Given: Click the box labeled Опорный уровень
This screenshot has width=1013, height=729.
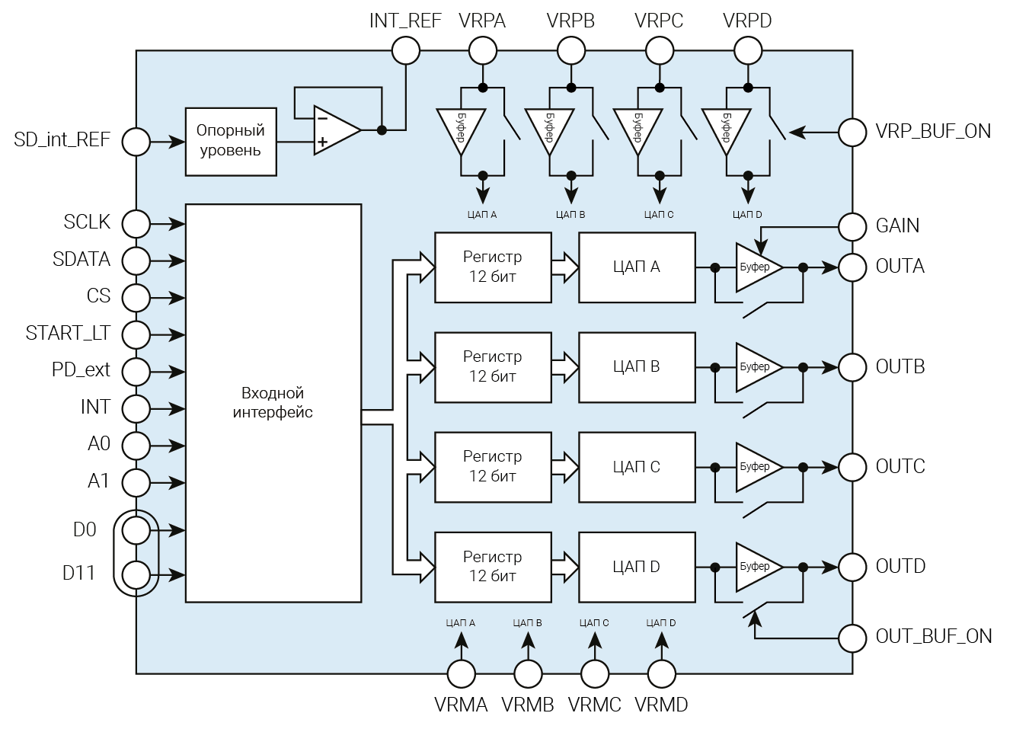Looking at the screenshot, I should click(231, 142).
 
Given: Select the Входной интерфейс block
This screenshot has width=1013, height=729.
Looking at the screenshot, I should click(273, 403).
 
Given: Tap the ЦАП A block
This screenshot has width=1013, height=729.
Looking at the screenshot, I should click(637, 267).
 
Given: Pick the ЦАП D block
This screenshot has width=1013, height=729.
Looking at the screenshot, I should click(637, 567).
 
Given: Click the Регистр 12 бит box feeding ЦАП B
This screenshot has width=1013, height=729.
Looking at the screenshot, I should click(493, 367).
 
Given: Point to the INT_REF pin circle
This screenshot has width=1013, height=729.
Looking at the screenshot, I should click(405, 52).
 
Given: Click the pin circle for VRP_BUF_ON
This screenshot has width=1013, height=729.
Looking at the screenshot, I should click(852, 132).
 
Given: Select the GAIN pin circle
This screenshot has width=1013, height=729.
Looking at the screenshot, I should click(852, 226).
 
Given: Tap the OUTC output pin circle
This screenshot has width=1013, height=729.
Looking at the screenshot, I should click(852, 467).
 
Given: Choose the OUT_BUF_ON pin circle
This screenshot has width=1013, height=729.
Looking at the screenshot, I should click(852, 637).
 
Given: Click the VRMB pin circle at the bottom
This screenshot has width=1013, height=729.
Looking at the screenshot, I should click(528, 674).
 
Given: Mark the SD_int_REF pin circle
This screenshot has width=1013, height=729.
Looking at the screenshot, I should click(136, 142).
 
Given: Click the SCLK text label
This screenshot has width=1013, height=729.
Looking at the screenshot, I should click(87, 222).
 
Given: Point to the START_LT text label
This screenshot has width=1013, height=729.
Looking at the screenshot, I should click(68, 334).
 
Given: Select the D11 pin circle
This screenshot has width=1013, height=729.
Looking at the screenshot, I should click(136, 574).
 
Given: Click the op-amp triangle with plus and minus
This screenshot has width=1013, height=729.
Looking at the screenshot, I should click(335, 130).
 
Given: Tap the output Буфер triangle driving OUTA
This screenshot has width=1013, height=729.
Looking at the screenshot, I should click(756, 267).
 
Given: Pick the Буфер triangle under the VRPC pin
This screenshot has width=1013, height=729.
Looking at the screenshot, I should click(637, 129).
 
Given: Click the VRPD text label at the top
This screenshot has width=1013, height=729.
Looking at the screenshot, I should click(747, 21).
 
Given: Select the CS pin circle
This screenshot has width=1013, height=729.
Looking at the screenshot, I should click(136, 297).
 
